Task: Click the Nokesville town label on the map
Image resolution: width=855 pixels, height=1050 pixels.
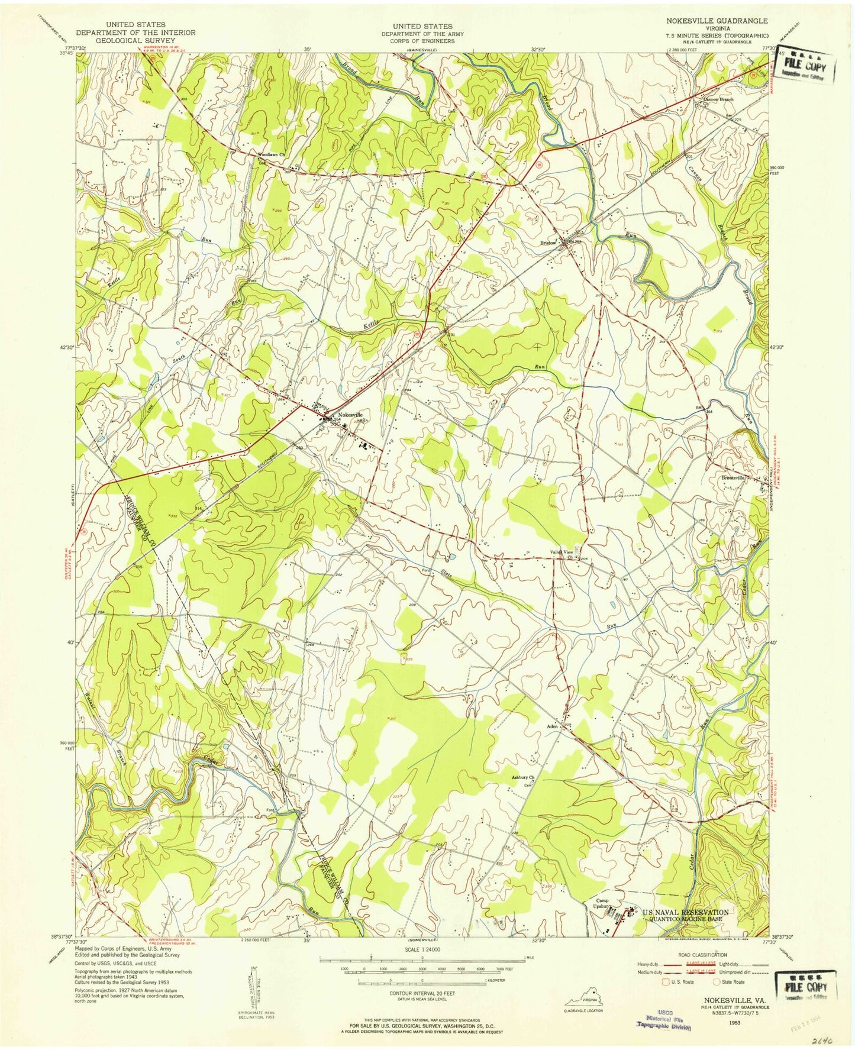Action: pyautogui.click(x=350, y=415)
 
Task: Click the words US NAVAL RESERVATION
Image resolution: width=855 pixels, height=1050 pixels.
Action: pyautogui.click(x=686, y=913)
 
